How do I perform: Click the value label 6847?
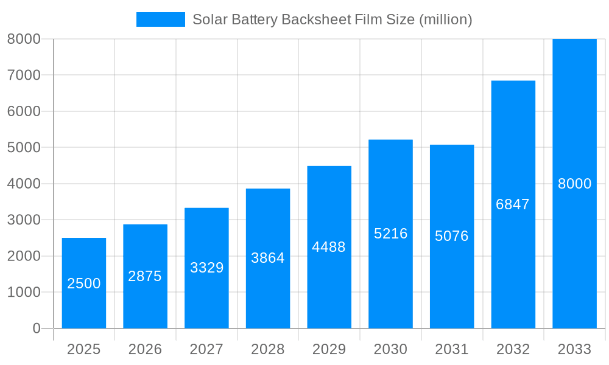coord(513,204)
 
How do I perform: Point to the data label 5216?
coord(390,234)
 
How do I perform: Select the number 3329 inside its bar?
coord(207,268)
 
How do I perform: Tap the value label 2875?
coord(145,276)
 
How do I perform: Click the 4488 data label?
coord(329,247)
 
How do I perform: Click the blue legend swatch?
coord(160,19)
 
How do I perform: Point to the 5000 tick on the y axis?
coord(24,148)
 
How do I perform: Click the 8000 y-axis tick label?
coord(24,40)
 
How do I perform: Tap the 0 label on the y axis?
coord(36,328)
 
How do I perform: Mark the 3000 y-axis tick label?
coord(24,220)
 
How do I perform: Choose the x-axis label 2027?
coord(206,349)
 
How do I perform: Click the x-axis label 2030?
coord(390,349)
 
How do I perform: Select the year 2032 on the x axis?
coord(513,349)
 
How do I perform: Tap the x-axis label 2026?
coord(145,349)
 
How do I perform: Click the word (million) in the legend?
coord(446,19)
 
